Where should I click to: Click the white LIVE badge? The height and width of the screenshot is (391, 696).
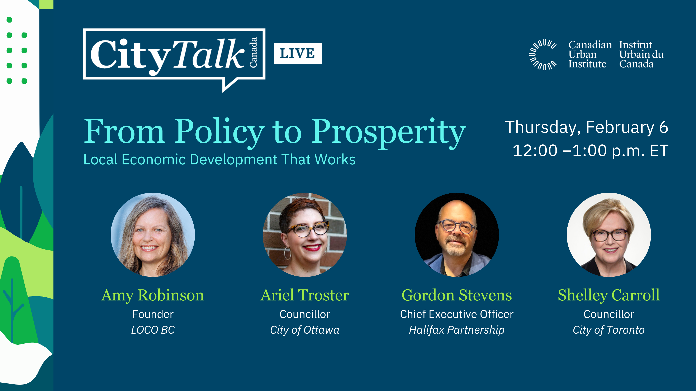[x=298, y=53]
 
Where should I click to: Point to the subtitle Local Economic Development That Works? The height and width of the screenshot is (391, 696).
[x=219, y=160]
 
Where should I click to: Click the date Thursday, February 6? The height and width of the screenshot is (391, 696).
[x=587, y=127]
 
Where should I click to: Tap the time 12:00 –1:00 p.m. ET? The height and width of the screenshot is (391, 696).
[x=590, y=150]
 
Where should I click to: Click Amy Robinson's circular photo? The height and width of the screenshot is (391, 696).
[x=153, y=235]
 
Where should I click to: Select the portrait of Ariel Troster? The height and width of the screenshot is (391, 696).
[x=305, y=235]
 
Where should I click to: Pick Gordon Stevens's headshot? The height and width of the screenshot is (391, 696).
[x=457, y=235]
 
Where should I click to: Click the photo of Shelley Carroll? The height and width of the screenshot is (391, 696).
[x=609, y=235]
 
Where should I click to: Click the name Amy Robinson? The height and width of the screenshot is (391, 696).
[x=153, y=295]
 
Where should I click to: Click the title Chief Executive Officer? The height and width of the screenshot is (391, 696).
[x=457, y=314]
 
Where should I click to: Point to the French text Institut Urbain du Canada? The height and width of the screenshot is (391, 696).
[x=641, y=54]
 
